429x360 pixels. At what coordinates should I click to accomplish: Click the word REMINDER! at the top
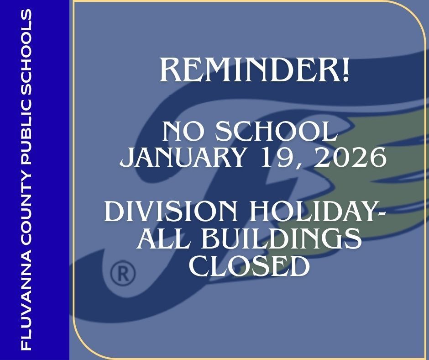pyautogui.click(x=254, y=70)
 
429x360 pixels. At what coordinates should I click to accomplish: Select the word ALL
pyautogui.click(x=160, y=239)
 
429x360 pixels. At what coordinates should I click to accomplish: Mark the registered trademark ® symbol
pyautogui.click(x=123, y=274)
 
